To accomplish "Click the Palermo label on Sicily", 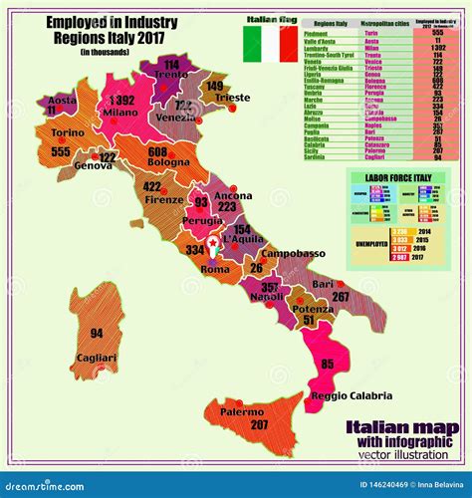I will (243, 410).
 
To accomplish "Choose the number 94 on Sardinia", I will (97, 333).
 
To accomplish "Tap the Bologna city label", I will (168, 162).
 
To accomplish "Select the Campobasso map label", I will (295, 253).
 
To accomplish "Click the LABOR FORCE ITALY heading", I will (399, 178).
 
